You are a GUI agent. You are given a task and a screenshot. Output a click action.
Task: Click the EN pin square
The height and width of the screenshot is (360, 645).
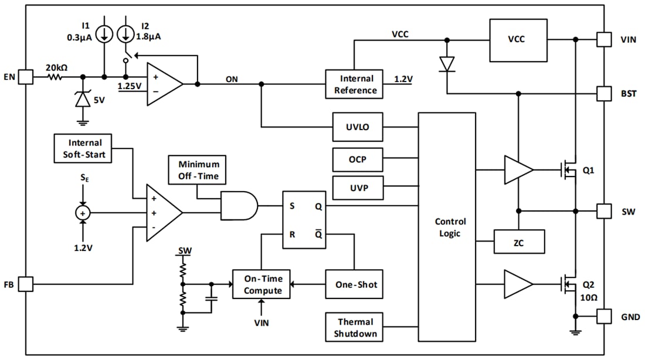(x=25, y=77)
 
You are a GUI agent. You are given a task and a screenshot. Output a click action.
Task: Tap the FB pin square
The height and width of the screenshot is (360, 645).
(x=25, y=284)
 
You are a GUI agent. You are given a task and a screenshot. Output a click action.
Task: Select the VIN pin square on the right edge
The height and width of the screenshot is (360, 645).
(x=604, y=39)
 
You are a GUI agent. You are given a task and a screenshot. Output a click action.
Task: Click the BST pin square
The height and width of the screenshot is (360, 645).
(x=604, y=93)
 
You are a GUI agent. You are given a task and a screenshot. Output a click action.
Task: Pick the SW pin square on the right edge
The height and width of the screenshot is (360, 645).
(x=604, y=211)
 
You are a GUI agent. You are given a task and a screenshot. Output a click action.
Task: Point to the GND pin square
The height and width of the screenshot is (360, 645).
(x=604, y=316)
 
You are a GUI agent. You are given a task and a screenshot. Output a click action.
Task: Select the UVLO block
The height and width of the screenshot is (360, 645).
(x=358, y=127)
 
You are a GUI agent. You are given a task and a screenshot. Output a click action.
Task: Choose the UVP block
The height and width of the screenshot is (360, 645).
(x=358, y=189)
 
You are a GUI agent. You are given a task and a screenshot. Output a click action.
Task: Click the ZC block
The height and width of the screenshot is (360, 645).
(x=519, y=242)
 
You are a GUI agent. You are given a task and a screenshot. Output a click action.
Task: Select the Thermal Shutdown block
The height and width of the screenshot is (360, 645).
(x=355, y=328)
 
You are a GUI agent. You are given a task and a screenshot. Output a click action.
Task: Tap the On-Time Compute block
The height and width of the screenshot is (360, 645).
(x=262, y=284)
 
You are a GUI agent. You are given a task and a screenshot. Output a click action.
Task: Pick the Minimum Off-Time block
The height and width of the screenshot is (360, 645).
(x=198, y=169)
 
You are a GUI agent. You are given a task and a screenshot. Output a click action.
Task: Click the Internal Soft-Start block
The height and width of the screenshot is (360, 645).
(x=85, y=148)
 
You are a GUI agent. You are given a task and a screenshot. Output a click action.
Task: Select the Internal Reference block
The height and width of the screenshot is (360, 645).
(x=355, y=84)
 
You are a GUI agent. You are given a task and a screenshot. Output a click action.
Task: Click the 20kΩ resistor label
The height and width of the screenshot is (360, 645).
(x=56, y=67)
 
